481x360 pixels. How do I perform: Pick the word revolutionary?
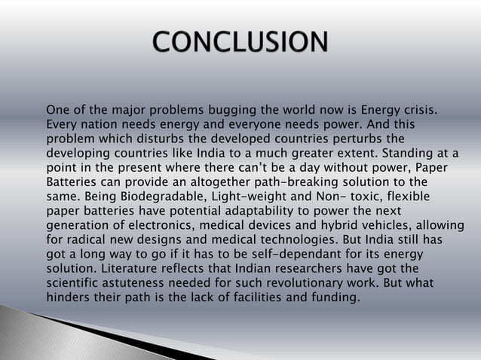305,282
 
